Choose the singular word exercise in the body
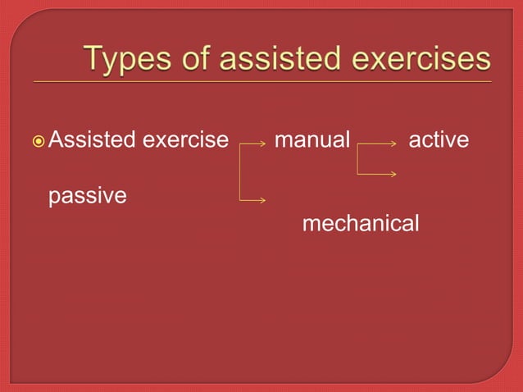point(185,140)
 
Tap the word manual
point(312,140)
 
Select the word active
point(439,140)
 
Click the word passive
point(88,197)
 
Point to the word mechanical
point(361,223)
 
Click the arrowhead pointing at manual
point(263,144)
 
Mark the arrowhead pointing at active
point(394,144)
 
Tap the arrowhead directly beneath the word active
point(394,173)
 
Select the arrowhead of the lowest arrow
point(263,199)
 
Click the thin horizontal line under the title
point(262,83)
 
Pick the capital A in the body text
point(56,140)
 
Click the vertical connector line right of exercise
point(239,172)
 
